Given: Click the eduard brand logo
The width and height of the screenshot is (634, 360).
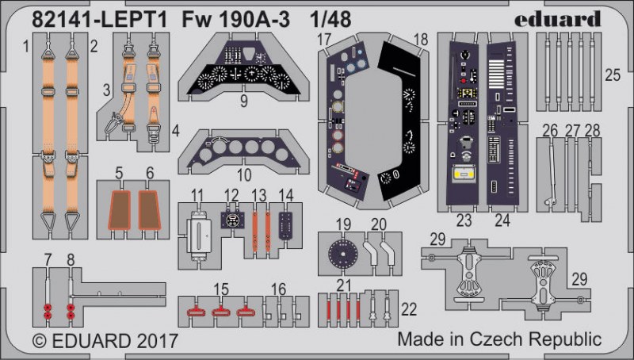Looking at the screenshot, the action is [558, 19].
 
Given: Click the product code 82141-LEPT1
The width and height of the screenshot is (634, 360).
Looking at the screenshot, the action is [100, 19].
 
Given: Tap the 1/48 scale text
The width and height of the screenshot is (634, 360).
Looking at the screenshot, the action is [330, 19].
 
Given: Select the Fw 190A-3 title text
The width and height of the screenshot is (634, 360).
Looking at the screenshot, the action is [235, 19].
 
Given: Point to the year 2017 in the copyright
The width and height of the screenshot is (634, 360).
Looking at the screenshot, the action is [157, 341].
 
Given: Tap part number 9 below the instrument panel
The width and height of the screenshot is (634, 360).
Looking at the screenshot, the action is [243, 101].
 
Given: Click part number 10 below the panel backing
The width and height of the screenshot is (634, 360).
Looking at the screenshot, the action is [244, 175].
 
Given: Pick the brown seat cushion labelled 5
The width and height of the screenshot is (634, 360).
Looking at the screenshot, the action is [120, 210].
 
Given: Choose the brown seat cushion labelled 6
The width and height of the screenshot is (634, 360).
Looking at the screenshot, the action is [150, 210].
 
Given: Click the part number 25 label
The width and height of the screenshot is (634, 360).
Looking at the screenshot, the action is [612, 75].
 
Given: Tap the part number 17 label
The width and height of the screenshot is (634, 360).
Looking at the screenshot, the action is [324, 40].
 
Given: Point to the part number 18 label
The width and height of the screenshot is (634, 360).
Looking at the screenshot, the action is [421, 40].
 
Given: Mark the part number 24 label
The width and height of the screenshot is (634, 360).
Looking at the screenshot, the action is [502, 220].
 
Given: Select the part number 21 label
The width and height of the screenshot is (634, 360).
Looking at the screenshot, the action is [343, 286].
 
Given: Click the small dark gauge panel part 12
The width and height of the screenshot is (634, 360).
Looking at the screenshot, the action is [231, 220].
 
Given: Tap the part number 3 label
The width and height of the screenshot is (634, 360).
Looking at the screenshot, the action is [106, 90].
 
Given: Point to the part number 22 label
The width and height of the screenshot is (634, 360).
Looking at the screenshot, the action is [409, 309].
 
